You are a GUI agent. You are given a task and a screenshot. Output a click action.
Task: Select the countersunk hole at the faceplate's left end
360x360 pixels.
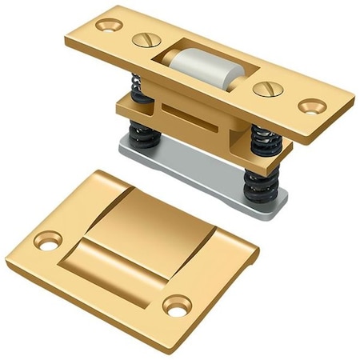(x=107, y=24)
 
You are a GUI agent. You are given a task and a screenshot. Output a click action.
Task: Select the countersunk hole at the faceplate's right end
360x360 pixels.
(x=312, y=106)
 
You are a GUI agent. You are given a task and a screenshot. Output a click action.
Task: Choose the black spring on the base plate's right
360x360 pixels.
(x=258, y=186)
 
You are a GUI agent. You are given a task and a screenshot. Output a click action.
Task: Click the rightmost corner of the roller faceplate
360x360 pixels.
(x=354, y=101)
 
